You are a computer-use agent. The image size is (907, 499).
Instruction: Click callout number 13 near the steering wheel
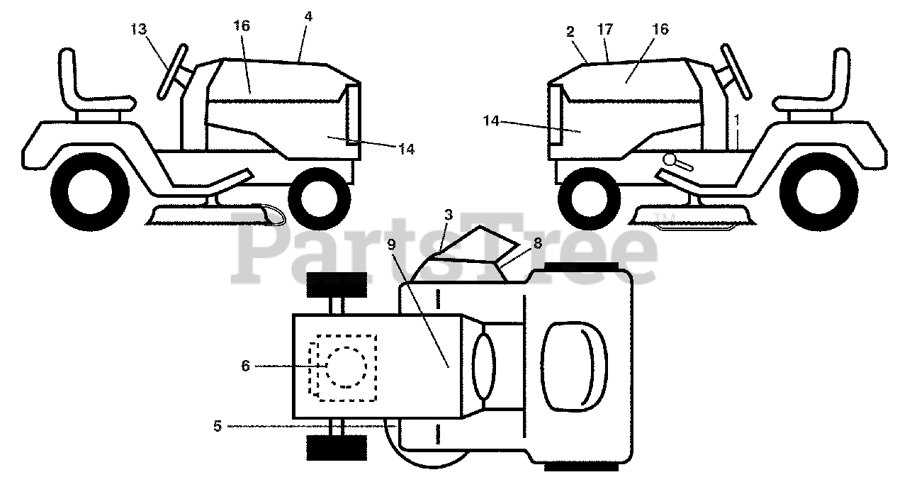tap(139, 29)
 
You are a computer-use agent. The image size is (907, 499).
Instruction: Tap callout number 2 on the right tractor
tap(570, 32)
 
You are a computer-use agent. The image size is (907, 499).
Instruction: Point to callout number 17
tap(605, 30)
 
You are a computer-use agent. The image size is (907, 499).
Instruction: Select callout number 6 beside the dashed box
tap(245, 366)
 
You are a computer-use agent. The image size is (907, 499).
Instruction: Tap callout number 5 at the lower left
tap(218, 426)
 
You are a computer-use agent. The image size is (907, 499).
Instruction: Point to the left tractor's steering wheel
tap(172, 71)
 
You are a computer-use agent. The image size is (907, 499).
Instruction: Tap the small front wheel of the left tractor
tap(319, 195)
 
